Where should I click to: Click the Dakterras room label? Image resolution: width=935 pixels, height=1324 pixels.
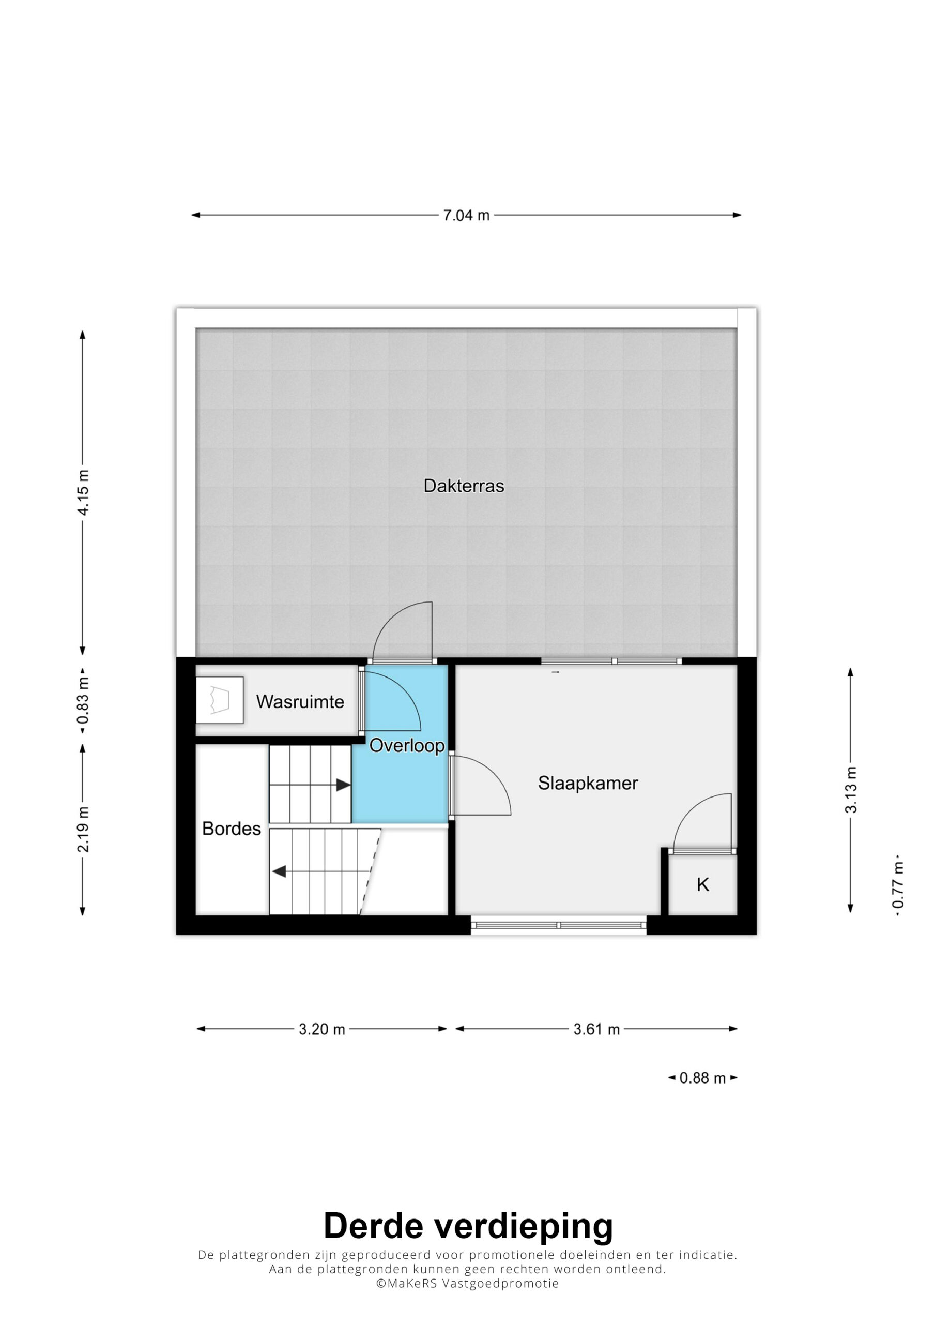click(464, 486)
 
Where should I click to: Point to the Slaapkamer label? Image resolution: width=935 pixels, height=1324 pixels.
click(588, 783)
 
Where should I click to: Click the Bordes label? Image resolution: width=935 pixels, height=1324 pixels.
click(231, 829)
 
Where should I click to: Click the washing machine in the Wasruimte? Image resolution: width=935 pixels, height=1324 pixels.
click(219, 700)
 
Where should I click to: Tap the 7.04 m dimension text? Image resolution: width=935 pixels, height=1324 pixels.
click(466, 215)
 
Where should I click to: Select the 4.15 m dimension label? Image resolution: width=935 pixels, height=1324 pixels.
click(83, 492)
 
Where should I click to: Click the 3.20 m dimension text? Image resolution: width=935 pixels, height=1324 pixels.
click(321, 1029)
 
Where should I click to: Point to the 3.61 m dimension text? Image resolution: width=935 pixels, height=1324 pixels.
click(596, 1029)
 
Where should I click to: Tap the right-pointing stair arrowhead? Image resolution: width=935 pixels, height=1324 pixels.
click(344, 785)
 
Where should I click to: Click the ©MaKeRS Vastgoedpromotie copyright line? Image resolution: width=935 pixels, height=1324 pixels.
click(467, 1284)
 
